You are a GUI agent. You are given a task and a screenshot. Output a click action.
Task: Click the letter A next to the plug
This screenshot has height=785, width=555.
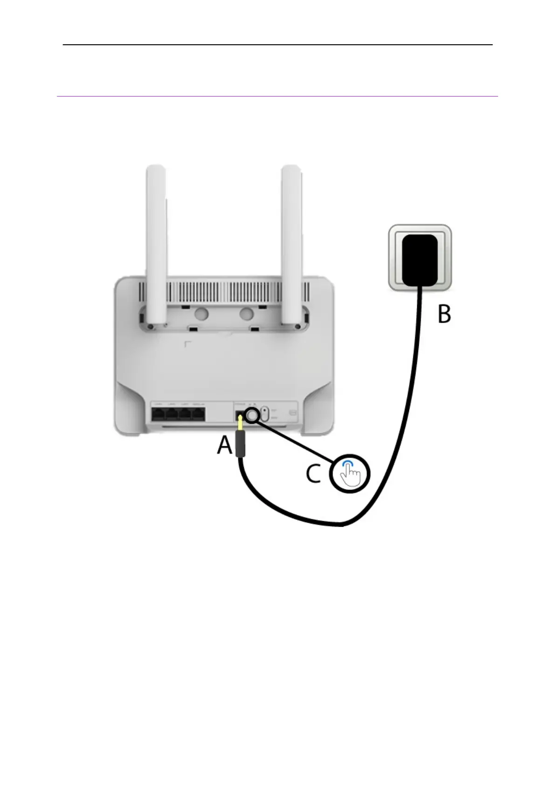(225, 445)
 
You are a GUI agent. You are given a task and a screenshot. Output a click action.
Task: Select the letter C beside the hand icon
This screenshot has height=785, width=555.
(313, 474)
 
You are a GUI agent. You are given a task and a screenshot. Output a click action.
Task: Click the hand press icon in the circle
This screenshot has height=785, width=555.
(350, 474)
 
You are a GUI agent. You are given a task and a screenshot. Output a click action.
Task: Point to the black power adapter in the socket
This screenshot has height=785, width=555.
(420, 260)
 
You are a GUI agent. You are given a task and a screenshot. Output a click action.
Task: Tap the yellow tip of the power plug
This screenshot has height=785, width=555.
(240, 423)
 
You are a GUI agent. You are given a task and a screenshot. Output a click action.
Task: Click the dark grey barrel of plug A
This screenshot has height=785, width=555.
(240, 443)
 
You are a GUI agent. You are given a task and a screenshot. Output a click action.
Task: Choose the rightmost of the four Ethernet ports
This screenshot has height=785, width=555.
(198, 413)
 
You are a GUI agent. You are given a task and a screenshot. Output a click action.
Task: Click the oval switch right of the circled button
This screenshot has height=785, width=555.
(264, 414)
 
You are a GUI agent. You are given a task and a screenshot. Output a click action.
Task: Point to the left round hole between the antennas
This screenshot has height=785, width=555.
(201, 313)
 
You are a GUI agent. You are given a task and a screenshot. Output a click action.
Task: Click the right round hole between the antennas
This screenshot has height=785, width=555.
(247, 313)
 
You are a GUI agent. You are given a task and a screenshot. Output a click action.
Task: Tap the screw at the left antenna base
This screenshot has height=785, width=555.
(149, 326)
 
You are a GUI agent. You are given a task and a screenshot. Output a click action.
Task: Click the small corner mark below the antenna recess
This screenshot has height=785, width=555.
(187, 344)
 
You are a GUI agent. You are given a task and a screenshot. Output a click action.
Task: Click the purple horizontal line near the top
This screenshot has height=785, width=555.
(277, 96)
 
